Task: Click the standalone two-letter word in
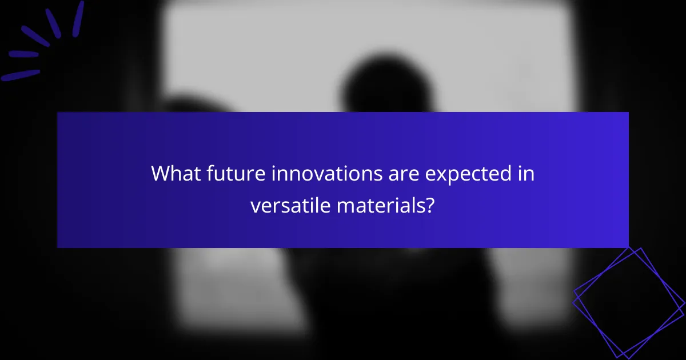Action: pyautogui.click(x=526, y=174)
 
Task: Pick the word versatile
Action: pyautogui.click(x=290, y=205)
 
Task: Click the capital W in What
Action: pyautogui.click(x=161, y=174)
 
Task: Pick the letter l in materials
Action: pyautogui.click(x=412, y=205)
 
